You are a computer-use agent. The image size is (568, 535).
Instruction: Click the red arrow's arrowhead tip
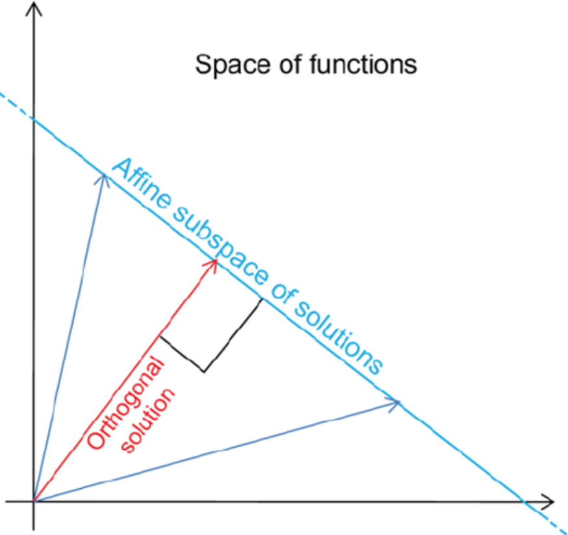point(216,259)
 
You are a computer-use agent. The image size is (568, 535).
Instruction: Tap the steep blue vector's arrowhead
point(103,174)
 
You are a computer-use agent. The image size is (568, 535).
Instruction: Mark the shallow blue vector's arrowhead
point(399,403)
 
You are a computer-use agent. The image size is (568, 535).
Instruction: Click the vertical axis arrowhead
point(34,8)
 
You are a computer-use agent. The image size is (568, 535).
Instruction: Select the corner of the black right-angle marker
point(204,371)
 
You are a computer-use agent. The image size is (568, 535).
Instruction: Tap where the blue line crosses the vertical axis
point(34,120)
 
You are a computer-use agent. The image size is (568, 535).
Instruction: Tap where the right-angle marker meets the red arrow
point(160,336)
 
